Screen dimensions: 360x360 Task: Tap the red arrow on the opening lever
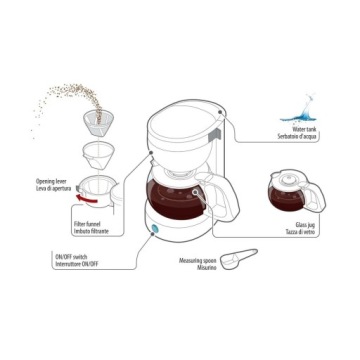(86, 199)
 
